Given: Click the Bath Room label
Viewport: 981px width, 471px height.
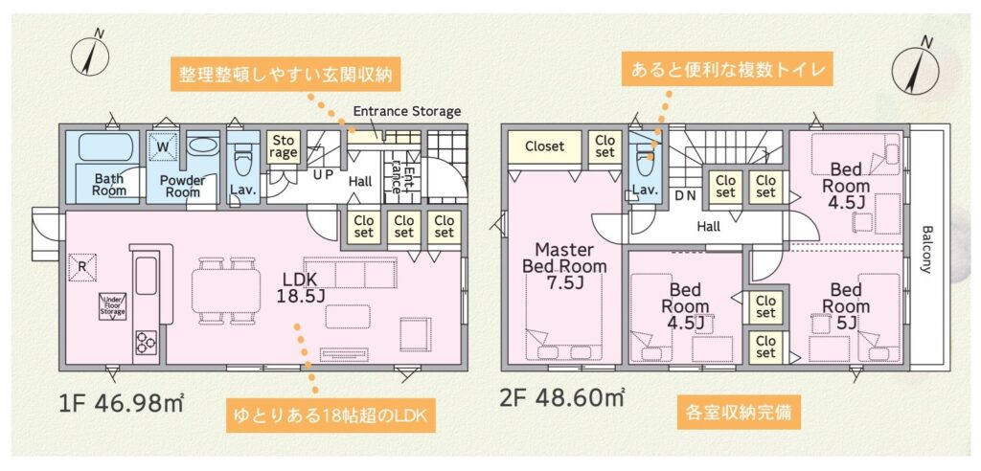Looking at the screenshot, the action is [x=109, y=184].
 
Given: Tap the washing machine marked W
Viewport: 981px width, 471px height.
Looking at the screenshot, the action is [x=163, y=147].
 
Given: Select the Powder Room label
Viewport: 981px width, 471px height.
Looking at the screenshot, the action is [x=183, y=186].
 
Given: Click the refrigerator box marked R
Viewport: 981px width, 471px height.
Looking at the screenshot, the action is [x=82, y=266].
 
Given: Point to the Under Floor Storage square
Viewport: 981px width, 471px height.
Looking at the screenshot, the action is [x=113, y=306].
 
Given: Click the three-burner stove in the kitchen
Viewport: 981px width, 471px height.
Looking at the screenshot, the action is [x=147, y=343].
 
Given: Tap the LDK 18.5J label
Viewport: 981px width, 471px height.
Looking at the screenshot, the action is [x=301, y=287].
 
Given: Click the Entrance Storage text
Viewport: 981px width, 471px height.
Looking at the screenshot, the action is [x=407, y=111].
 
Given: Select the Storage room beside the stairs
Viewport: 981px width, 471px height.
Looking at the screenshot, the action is [x=283, y=147].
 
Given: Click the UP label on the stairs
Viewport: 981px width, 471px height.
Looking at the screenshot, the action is [x=323, y=174].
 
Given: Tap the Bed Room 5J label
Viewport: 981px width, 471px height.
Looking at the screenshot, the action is [x=846, y=306].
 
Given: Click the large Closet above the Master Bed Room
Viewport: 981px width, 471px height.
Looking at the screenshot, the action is [x=544, y=147].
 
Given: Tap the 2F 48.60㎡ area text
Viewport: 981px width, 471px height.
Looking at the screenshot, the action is [x=561, y=396].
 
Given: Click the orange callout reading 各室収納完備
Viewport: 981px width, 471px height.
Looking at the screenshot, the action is [x=738, y=414].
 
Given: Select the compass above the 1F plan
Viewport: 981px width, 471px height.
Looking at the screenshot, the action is [x=90, y=54].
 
